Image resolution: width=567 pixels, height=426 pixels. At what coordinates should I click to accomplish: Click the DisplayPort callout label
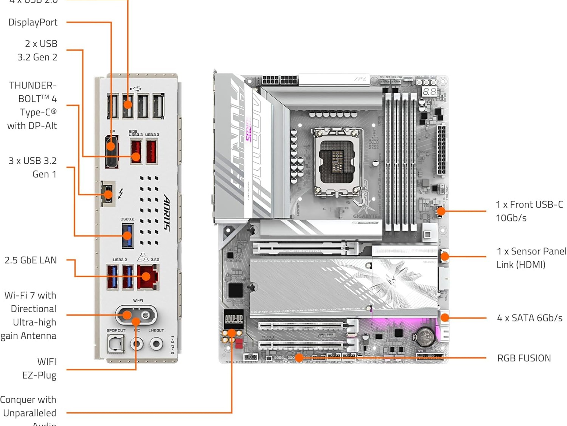click(x=33, y=22)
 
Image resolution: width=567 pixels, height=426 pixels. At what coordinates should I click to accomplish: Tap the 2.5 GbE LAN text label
click(x=30, y=260)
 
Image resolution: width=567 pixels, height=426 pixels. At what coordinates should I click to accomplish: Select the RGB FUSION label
click(x=524, y=358)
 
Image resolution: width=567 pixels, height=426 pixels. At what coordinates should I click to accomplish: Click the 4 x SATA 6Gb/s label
click(x=530, y=318)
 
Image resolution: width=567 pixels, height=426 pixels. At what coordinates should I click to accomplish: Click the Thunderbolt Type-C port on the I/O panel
click(x=108, y=194)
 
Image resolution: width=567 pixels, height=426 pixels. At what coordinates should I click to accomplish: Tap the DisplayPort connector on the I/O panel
click(x=112, y=151)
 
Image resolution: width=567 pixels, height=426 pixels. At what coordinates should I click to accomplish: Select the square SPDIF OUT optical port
click(x=115, y=344)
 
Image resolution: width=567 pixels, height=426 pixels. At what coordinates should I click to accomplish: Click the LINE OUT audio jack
click(x=156, y=344)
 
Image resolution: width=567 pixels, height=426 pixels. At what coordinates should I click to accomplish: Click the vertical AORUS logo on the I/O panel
click(x=166, y=212)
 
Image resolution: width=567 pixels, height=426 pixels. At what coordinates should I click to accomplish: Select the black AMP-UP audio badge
click(x=234, y=319)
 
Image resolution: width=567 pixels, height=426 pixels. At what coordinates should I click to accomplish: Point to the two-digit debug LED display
click(x=429, y=91)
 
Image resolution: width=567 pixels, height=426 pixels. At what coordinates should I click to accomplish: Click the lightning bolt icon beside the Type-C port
click(x=121, y=194)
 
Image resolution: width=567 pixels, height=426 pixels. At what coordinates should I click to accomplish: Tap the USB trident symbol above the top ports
click(x=136, y=88)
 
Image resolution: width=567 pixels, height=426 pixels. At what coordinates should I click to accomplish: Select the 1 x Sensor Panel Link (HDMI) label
click(x=531, y=258)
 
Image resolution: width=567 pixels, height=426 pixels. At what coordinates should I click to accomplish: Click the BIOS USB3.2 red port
click(x=136, y=152)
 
